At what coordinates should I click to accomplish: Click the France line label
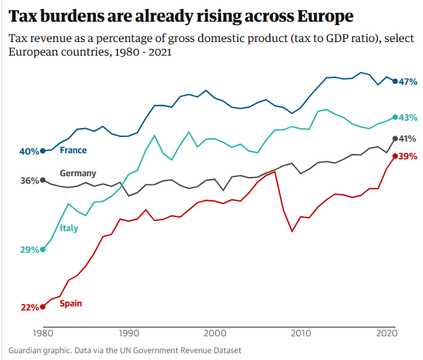73,150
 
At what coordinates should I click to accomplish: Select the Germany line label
78,174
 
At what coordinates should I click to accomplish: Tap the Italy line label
68,228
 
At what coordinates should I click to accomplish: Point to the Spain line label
70,303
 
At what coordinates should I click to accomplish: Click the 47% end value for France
408,81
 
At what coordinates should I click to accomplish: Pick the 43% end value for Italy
408,117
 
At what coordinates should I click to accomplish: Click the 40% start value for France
29,151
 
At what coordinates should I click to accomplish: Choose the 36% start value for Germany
29,180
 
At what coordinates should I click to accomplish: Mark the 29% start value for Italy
29,249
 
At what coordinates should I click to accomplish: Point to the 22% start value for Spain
29,307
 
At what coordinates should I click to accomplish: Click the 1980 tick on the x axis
43,333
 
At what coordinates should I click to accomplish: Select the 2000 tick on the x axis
215,333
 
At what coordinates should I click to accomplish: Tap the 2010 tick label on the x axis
301,333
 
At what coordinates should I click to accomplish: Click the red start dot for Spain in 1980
43,306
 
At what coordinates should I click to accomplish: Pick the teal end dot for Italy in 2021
395,117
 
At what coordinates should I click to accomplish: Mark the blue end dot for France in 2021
395,81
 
